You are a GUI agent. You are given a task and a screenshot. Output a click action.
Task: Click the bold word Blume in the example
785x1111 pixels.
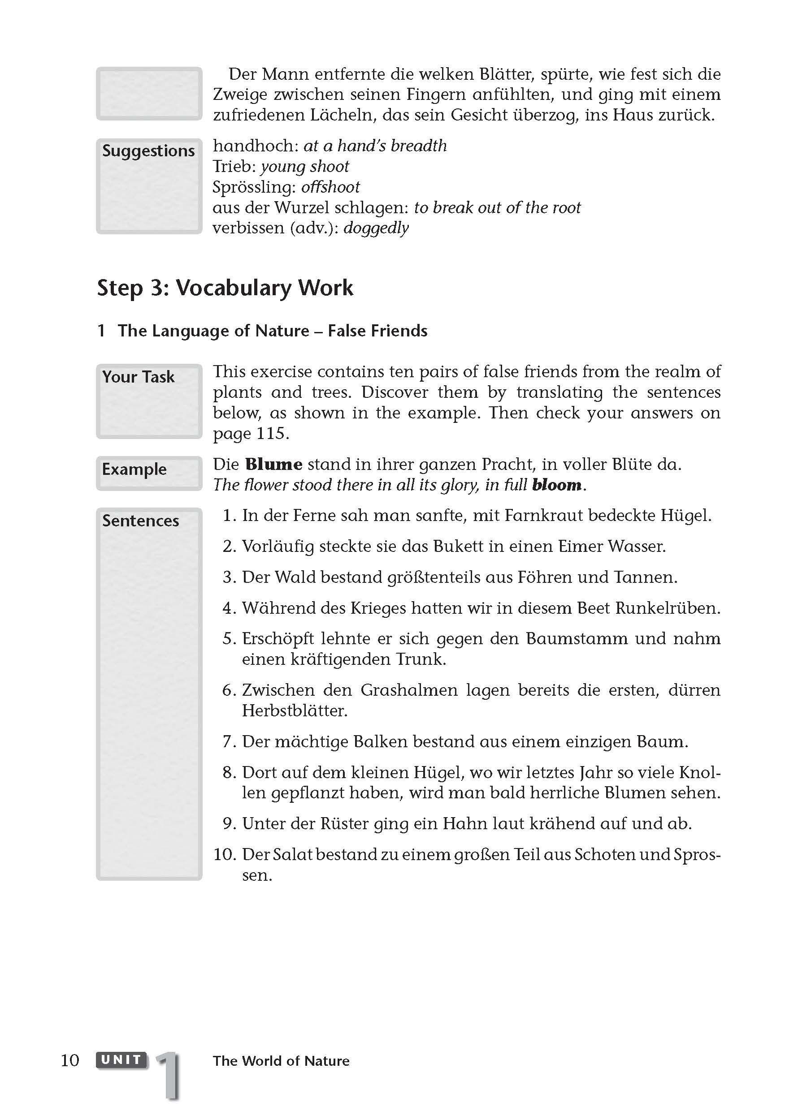click(273, 465)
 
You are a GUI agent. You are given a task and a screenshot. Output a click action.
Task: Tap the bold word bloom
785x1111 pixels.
click(556, 485)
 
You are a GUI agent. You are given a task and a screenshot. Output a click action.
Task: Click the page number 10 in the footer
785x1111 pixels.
click(70, 1061)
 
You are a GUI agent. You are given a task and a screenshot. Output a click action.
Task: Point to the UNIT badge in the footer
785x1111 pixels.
click(121, 1060)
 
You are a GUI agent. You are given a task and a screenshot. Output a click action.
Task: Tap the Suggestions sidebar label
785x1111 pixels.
click(148, 151)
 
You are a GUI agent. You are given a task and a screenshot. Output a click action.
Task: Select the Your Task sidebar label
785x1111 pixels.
click(139, 377)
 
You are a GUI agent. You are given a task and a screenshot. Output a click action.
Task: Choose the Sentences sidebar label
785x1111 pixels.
click(140, 521)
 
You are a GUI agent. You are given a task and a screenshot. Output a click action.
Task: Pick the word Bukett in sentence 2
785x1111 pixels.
click(458, 546)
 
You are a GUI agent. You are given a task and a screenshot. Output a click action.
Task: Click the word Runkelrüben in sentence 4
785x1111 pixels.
click(668, 608)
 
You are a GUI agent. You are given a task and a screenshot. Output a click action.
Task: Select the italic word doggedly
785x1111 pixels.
click(376, 228)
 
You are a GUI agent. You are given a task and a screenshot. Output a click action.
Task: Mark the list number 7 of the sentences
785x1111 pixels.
click(229, 742)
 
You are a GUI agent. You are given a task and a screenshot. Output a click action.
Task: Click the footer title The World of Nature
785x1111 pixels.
click(281, 1061)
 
